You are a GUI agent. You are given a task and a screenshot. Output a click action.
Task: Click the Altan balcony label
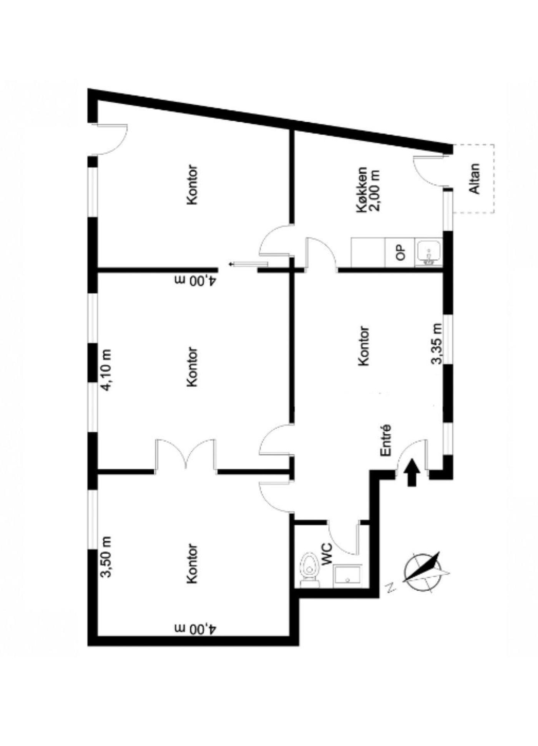click(x=475, y=179)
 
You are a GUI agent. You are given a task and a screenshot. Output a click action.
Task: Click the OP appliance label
click(x=400, y=252)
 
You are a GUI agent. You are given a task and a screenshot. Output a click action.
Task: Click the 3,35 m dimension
click(x=437, y=344)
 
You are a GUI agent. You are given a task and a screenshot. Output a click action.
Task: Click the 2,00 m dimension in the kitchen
click(x=375, y=190)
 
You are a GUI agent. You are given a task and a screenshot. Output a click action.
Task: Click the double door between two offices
click(x=186, y=454)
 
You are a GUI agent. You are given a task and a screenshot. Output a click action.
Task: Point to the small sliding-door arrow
click(x=247, y=264)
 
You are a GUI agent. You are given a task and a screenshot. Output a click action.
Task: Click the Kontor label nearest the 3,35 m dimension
click(x=363, y=346)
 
